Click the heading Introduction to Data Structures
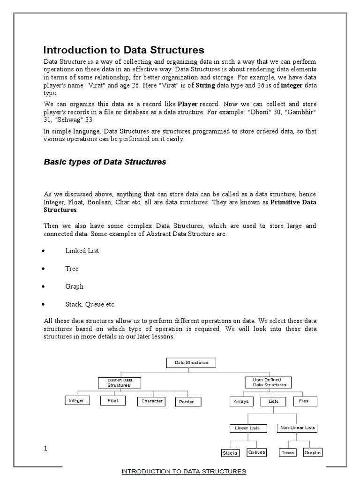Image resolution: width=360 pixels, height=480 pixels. click(x=124, y=50)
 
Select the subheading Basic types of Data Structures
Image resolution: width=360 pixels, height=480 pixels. click(x=105, y=162)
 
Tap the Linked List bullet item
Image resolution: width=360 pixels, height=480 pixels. click(x=82, y=251)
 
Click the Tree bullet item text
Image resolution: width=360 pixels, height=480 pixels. click(x=72, y=269)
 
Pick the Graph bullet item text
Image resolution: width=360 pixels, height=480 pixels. click(x=74, y=286)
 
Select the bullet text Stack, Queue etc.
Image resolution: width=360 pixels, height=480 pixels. click(x=90, y=304)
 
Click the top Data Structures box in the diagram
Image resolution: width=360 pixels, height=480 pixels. click(x=188, y=363)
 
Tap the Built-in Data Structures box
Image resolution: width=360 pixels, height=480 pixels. click(x=119, y=382)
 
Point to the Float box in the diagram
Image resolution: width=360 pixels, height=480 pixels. click(x=112, y=401)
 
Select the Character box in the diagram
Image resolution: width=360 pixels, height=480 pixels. click(x=152, y=401)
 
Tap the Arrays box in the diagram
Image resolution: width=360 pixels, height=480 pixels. click(x=241, y=402)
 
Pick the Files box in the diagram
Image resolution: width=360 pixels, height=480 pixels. click(x=304, y=401)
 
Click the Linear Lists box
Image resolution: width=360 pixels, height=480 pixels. click(x=248, y=428)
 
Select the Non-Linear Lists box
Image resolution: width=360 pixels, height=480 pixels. click(x=298, y=428)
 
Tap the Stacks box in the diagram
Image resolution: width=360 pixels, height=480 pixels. click(x=230, y=453)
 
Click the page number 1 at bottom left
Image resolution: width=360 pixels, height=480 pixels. click(x=45, y=449)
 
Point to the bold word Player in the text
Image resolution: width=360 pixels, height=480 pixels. click(x=187, y=103)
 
